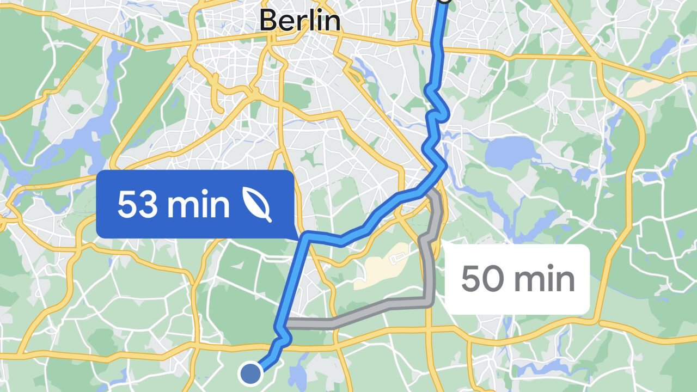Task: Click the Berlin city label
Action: pos(300,20)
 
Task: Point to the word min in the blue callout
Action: pos(198,205)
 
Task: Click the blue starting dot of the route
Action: pos(250,373)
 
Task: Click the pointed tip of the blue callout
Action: pos(297,238)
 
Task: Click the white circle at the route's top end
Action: pos(444,2)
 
